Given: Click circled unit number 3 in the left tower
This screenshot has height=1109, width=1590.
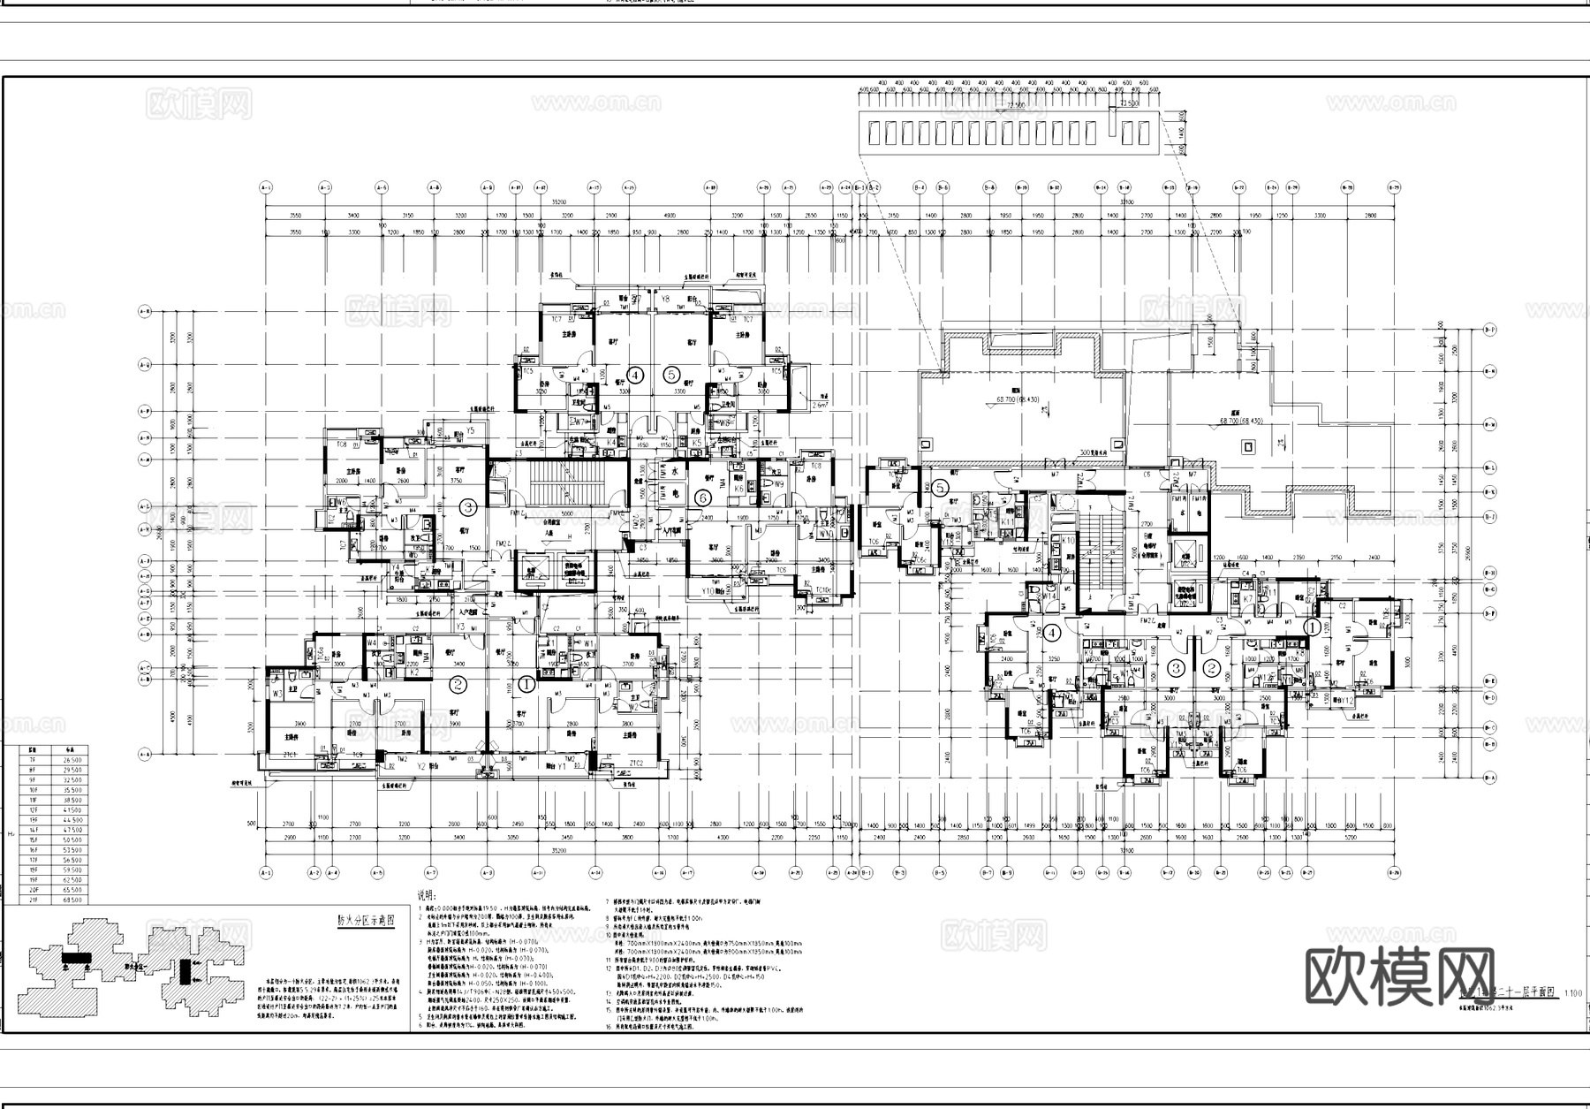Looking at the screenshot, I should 468,507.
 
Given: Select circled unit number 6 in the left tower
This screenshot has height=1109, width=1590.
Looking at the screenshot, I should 703,498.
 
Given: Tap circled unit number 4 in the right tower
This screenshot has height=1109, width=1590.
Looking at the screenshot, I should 1052,633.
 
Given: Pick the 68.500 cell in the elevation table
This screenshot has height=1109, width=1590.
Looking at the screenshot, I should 72,900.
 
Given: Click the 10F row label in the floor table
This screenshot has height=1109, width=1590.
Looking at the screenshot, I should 34,790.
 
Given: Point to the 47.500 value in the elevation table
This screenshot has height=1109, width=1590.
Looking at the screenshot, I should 72,830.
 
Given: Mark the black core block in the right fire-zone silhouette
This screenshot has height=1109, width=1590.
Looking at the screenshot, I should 185,970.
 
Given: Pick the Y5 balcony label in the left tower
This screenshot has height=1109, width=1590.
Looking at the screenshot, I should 471,430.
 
